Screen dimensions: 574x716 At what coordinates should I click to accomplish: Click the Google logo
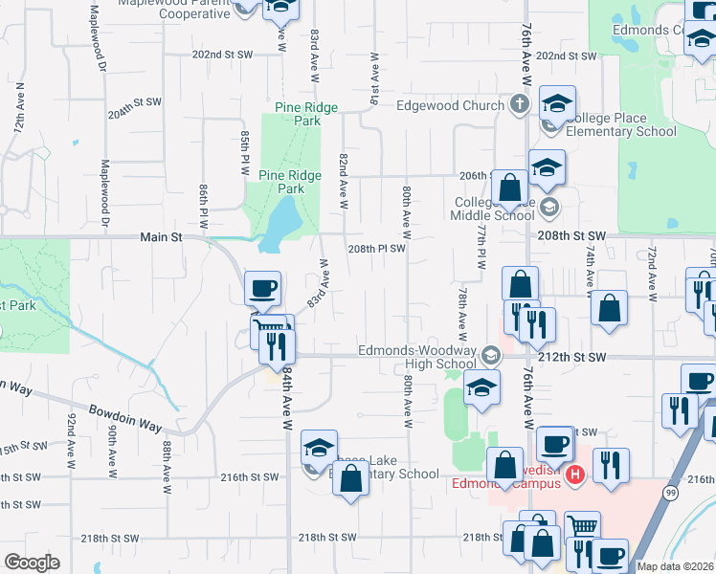32,563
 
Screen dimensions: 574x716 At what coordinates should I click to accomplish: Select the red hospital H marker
574,475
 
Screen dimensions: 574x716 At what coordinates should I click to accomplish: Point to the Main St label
160,236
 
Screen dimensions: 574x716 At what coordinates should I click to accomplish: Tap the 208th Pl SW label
377,249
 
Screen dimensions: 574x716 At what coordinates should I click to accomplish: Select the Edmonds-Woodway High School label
417,357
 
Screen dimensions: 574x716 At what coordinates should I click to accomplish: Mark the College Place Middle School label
494,209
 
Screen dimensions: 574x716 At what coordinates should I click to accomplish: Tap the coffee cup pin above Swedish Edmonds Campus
554,445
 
